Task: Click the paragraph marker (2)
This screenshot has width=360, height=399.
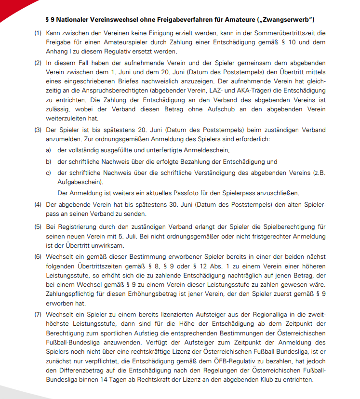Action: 38,63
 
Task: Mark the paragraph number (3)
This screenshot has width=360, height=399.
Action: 38,130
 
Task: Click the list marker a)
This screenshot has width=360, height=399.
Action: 48,150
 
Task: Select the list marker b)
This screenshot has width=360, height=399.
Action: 48,162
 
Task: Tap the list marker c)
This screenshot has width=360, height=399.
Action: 48,173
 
